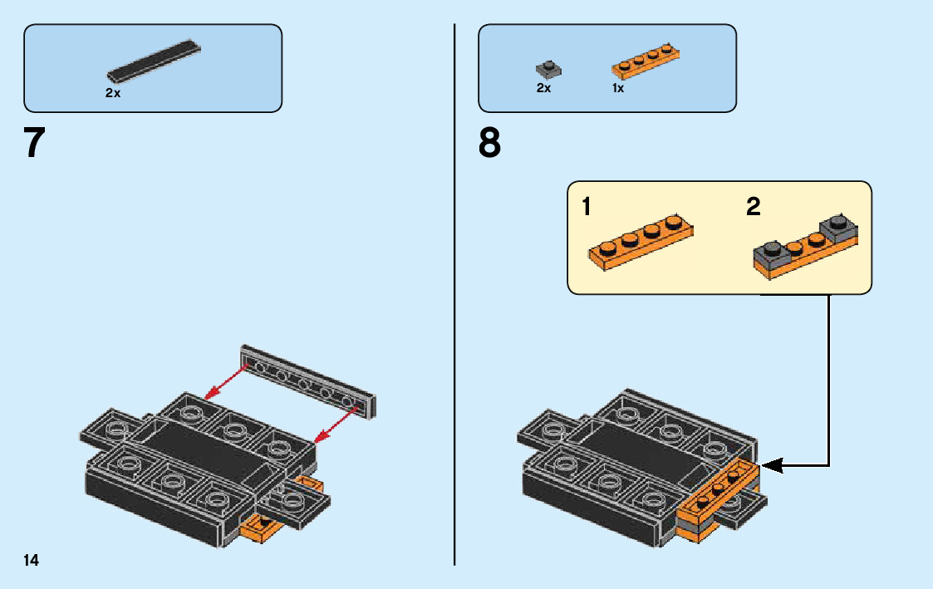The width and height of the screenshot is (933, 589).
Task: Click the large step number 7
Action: (x=34, y=143)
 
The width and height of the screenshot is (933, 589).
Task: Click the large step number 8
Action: (x=489, y=143)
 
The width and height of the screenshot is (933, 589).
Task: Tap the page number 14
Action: (x=31, y=561)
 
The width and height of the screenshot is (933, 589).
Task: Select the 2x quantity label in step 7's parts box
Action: (x=113, y=94)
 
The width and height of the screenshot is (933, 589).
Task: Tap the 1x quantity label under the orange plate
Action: (x=618, y=88)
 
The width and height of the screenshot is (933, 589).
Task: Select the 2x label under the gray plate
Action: (x=543, y=88)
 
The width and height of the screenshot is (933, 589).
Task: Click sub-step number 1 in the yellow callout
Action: (x=587, y=207)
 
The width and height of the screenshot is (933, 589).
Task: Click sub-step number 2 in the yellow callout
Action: (x=753, y=207)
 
